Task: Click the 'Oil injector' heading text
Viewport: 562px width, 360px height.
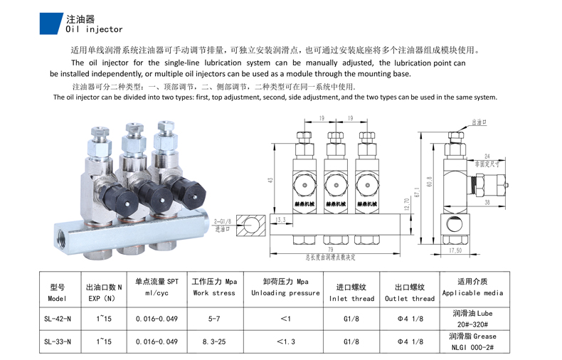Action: point(94,30)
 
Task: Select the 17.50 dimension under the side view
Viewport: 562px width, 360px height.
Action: point(455,250)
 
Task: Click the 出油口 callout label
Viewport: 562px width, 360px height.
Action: point(480,122)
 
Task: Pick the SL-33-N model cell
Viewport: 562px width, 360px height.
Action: point(57,342)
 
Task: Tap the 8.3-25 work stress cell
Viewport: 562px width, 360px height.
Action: point(213,342)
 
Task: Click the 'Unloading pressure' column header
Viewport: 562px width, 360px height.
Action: point(287,293)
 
